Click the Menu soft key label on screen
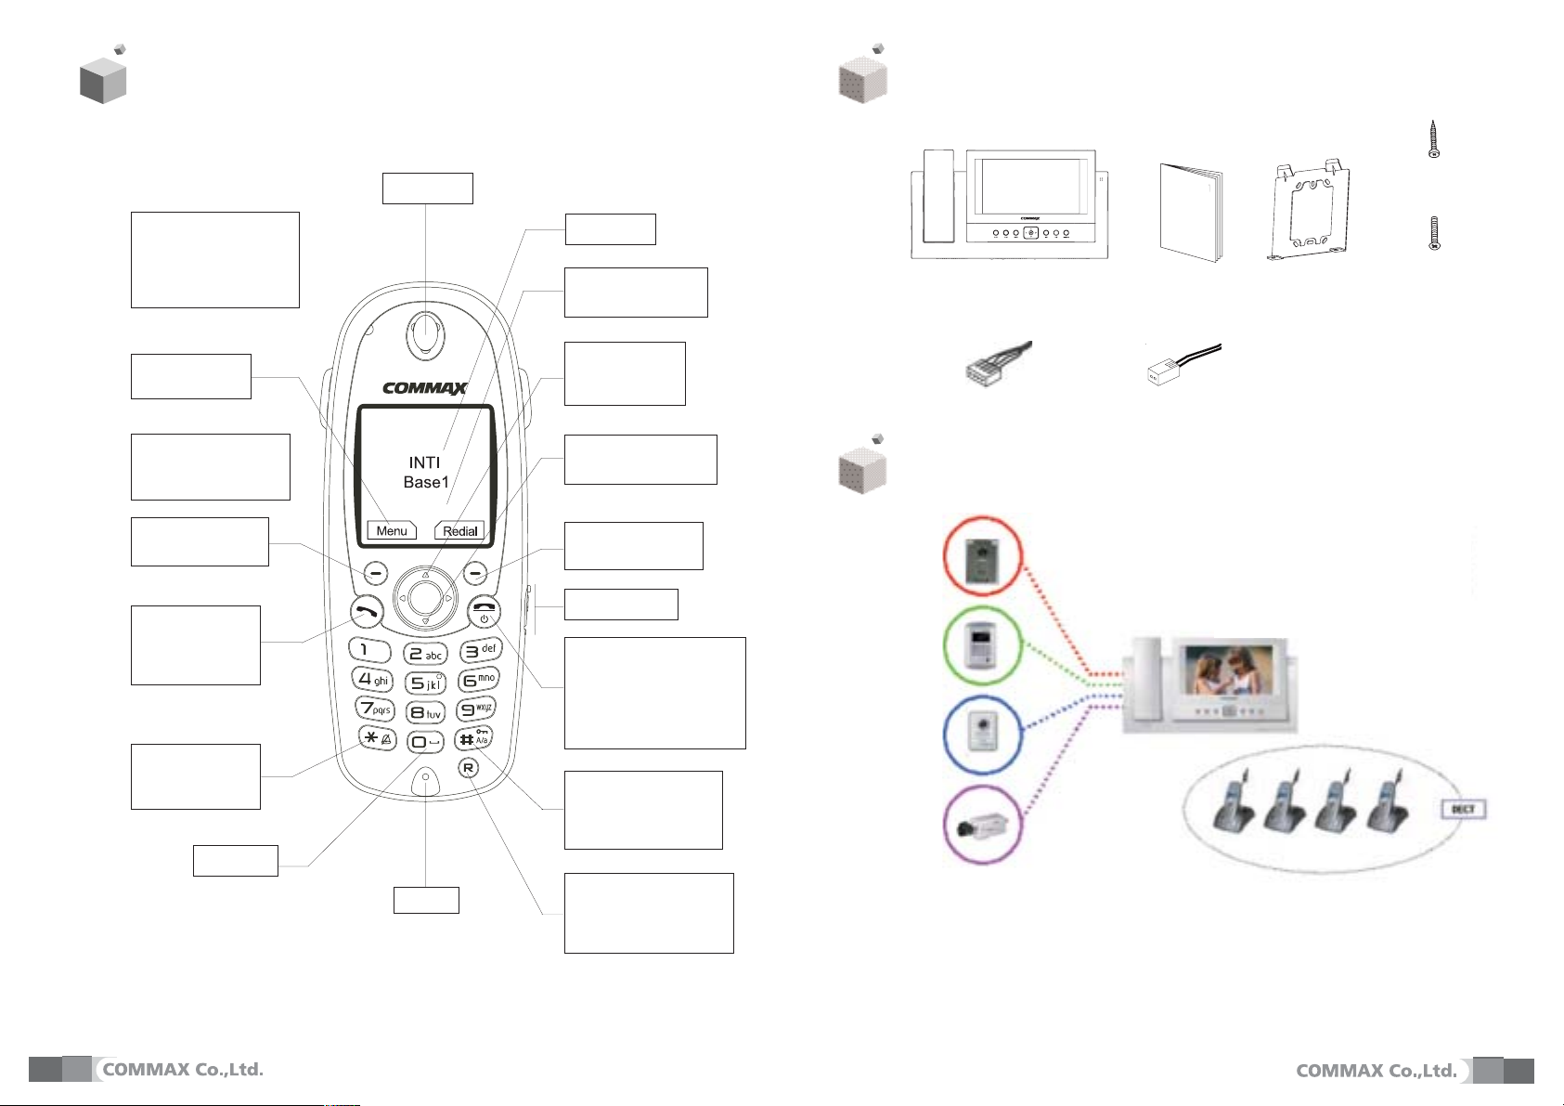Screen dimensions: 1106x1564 pos(392,530)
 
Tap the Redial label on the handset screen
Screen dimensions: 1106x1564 pos(460,530)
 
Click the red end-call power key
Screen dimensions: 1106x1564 pos(485,612)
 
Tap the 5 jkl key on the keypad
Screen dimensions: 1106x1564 pos(426,683)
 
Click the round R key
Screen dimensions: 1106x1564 pos(469,768)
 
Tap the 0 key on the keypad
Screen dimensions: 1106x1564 pos(426,742)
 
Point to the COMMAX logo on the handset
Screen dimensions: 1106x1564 pos(424,388)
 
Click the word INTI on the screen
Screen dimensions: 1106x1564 pos(424,462)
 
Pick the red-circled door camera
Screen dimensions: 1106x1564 pos(982,557)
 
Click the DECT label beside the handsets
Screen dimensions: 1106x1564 pos(1463,809)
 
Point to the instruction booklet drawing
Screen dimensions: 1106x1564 pos(1191,214)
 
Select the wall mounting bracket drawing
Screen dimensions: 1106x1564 pos(1309,212)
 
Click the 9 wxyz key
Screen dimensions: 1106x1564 pos(477,710)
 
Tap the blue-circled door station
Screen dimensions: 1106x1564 pos(982,734)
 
